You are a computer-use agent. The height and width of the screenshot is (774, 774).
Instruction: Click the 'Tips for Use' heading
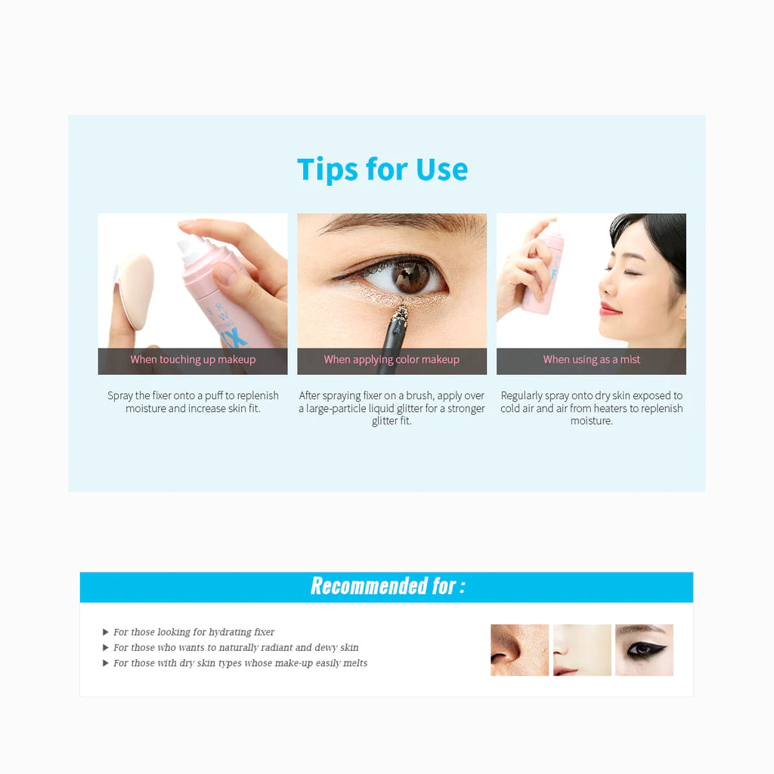tap(382, 170)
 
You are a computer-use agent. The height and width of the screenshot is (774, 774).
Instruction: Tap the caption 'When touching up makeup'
tap(193, 359)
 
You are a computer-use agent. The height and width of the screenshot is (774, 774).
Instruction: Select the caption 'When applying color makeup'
tap(392, 359)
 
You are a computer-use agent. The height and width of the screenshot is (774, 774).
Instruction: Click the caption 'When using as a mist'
tap(591, 359)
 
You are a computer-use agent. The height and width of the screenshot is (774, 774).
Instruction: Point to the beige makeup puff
tap(135, 291)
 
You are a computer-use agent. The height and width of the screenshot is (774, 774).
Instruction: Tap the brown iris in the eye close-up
tap(411, 277)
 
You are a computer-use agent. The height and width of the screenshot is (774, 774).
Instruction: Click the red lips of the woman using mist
tap(610, 309)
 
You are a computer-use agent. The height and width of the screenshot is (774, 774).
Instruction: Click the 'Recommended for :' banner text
tap(388, 587)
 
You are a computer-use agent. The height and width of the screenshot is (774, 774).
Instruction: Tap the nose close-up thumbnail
tap(519, 649)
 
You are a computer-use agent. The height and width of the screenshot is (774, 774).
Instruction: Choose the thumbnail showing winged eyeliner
tap(644, 649)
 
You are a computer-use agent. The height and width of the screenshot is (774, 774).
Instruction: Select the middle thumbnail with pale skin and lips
tap(582, 649)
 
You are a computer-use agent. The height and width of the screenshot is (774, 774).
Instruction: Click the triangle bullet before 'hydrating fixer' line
tap(105, 632)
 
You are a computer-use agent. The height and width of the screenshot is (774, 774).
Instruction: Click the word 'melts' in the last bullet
tap(355, 663)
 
